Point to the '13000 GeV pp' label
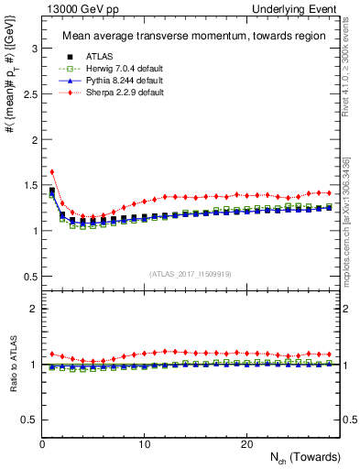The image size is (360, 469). point(67,8)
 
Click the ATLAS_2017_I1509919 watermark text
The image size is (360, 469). point(191,273)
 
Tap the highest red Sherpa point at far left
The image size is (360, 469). point(52,171)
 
